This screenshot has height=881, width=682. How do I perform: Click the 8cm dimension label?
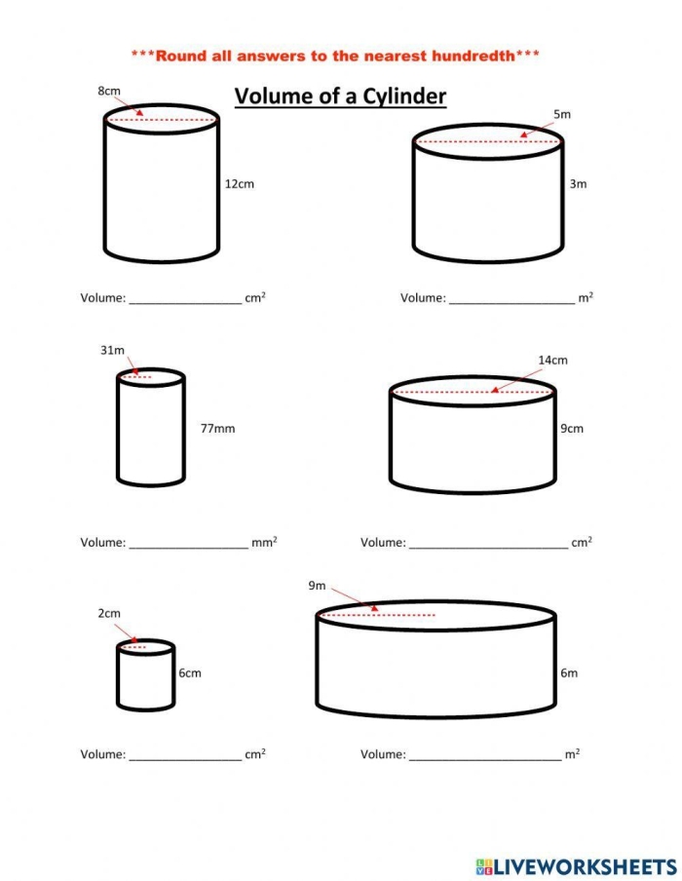click(x=109, y=91)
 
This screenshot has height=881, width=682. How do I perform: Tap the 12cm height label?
click(x=240, y=184)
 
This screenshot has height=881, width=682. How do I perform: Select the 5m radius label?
click(x=562, y=115)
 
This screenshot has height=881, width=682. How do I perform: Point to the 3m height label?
click(x=579, y=184)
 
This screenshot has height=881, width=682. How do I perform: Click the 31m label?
click(x=112, y=350)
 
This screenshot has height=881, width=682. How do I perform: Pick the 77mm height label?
click(x=218, y=428)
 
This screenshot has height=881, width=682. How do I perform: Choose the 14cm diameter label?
click(x=552, y=361)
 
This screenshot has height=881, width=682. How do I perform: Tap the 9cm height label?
click(x=572, y=428)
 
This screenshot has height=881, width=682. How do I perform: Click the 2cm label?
click(x=109, y=613)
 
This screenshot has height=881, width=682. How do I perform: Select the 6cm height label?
click(x=190, y=672)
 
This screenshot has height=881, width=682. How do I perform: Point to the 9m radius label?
click(x=317, y=586)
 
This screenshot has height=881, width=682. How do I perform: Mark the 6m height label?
click(x=569, y=672)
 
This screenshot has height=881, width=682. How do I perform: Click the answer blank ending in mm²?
click(x=188, y=542)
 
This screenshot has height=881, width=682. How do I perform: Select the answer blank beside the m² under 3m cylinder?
click(x=511, y=298)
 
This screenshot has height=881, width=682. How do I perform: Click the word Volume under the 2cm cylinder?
click(x=102, y=754)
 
